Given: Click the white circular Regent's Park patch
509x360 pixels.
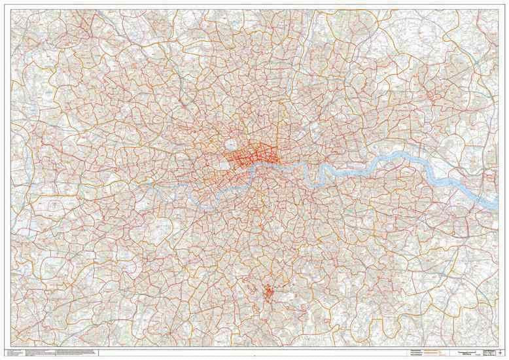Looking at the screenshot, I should (x=231, y=143).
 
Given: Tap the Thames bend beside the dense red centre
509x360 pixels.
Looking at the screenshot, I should (x=256, y=168).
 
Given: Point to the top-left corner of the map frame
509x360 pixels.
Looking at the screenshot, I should (x=9, y=8).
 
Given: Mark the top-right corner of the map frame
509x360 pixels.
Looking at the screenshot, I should (x=499, y=8).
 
